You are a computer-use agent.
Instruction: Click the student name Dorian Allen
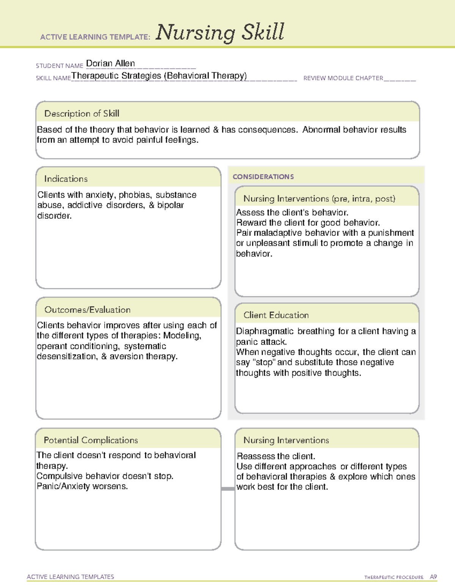click(x=110, y=63)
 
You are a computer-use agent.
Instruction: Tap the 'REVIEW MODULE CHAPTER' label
click(x=343, y=78)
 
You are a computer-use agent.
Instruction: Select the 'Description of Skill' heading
click(x=82, y=114)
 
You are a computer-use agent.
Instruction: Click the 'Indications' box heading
click(x=66, y=179)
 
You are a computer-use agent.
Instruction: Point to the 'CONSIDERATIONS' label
click(x=263, y=177)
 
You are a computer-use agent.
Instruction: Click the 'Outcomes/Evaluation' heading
click(x=87, y=310)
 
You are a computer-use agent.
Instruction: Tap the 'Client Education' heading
click(x=276, y=315)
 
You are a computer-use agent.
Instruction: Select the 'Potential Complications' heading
click(x=91, y=440)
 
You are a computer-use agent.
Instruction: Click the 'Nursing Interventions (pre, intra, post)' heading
click(x=319, y=199)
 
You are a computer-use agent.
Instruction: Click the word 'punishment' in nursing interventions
click(x=391, y=233)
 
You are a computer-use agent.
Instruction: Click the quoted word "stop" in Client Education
click(x=264, y=362)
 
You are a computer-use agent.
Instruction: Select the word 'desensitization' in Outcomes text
click(x=67, y=356)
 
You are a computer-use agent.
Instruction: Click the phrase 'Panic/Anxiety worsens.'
click(x=82, y=486)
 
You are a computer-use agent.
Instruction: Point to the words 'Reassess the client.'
click(x=276, y=456)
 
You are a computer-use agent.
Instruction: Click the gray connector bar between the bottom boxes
click(x=228, y=489)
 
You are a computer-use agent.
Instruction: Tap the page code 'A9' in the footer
click(x=433, y=577)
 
